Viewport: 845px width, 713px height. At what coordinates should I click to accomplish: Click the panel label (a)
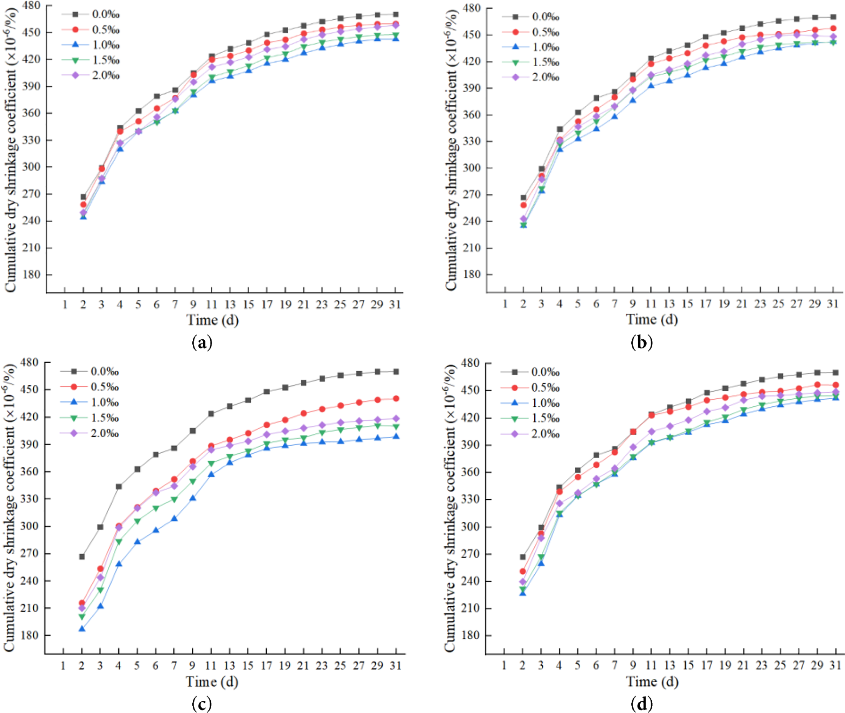pyautogui.click(x=202, y=343)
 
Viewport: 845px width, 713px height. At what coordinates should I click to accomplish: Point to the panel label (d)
pyautogui.click(x=642, y=704)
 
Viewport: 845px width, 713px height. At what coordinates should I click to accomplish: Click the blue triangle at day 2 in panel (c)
pyautogui.click(x=82, y=628)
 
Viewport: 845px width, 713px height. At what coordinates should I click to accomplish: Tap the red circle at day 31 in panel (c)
pyautogui.click(x=396, y=399)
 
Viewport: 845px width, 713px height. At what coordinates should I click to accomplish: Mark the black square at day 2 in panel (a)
pyautogui.click(x=83, y=197)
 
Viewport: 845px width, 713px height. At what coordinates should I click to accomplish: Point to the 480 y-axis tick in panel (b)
pyautogui.click(x=471, y=8)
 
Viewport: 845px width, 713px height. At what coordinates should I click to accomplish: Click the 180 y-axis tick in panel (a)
pyautogui.click(x=32, y=274)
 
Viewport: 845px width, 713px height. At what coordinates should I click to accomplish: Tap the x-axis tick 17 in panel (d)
pyautogui.click(x=706, y=665)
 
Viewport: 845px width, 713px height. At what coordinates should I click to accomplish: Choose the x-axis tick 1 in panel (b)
pyautogui.click(x=505, y=304)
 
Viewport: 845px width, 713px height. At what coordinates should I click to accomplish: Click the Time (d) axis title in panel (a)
pyautogui.click(x=212, y=320)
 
